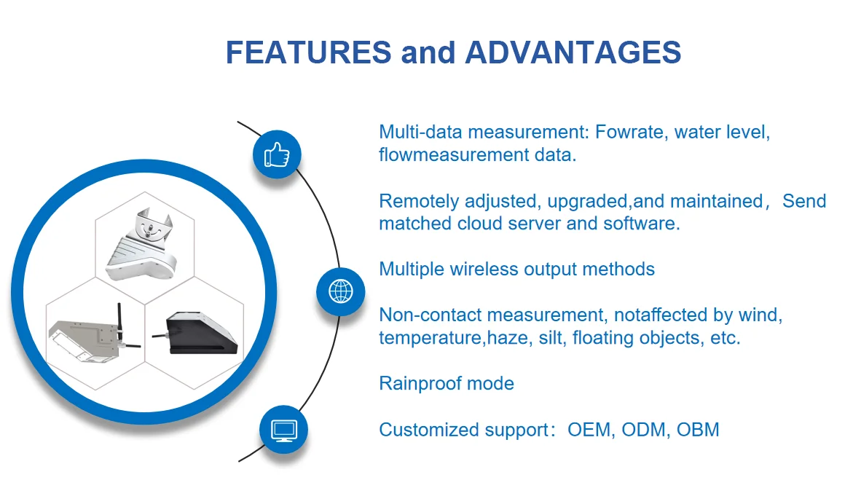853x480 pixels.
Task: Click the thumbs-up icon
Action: click(x=277, y=154)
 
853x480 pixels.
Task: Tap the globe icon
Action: click(x=341, y=291)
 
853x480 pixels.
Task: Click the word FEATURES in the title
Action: click(x=308, y=52)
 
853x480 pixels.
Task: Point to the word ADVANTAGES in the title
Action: click(x=573, y=52)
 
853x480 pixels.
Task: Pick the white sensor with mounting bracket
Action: click(x=143, y=244)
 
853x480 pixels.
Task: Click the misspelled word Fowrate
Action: click(x=629, y=133)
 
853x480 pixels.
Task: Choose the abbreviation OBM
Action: click(x=698, y=430)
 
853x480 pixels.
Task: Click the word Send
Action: click(x=804, y=201)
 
